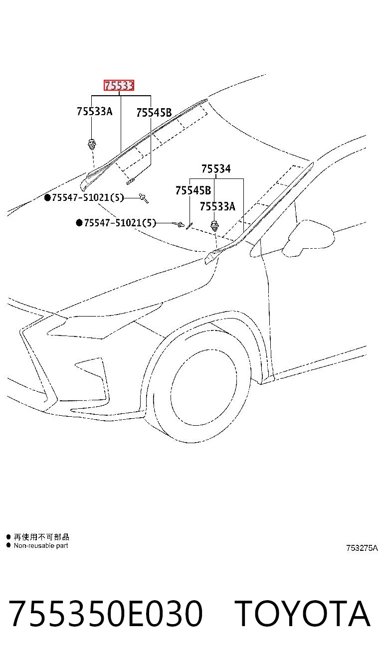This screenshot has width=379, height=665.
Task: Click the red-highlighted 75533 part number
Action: coord(119,85)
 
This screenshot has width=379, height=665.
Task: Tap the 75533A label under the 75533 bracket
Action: coord(94,111)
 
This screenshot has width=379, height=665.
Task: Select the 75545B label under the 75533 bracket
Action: coord(154,113)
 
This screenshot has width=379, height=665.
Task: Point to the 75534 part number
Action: coord(216,168)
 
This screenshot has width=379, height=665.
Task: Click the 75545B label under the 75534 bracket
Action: coord(193,190)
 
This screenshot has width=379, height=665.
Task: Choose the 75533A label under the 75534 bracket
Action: coord(217,206)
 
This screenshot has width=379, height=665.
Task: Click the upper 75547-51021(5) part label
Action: coord(88,197)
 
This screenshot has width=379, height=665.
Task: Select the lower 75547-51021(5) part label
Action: coord(120,223)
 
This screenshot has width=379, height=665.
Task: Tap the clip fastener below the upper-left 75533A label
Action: coord(92,144)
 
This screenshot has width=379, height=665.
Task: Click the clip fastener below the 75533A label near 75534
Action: coord(214,226)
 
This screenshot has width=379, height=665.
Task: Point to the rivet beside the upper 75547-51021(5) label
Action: coord(144,198)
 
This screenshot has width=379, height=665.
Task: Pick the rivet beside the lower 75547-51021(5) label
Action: coord(180,224)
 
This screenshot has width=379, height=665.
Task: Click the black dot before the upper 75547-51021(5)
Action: coord(47,197)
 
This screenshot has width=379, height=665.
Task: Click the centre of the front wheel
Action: coord(204,387)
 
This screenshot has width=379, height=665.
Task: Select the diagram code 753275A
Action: coord(362,548)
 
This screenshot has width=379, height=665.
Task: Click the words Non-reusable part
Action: coord(41,545)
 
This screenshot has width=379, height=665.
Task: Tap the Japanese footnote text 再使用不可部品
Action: coord(41,537)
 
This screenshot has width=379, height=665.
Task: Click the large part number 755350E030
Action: coord(106,613)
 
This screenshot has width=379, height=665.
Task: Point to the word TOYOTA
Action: coord(302,613)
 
